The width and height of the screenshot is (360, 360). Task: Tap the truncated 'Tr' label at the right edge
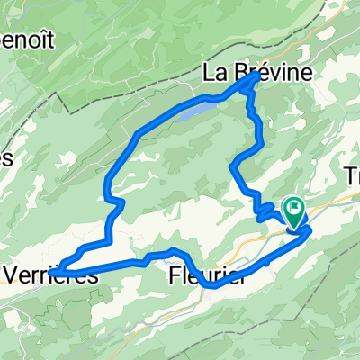(351, 177)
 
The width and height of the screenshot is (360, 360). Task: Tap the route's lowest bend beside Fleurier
(213, 285)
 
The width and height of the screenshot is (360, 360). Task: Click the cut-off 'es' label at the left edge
(7, 157)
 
